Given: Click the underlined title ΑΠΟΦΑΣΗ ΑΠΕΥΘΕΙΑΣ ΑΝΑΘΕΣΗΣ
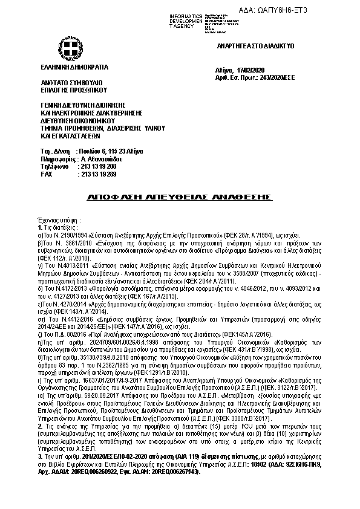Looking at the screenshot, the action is [180, 198].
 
